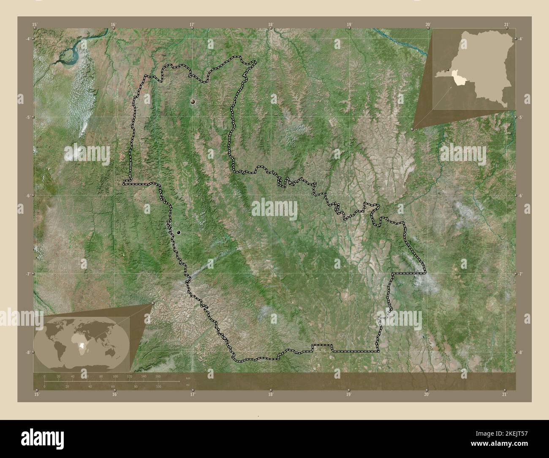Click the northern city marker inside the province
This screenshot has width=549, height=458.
coord(193,101)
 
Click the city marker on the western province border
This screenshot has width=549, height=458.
coord(179,232)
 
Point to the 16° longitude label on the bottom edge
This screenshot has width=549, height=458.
coord(114,395)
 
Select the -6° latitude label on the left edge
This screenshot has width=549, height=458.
coord(27,196)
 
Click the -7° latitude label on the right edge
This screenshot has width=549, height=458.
coord(522,274)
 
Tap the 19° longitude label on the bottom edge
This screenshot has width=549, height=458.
coord(348,395)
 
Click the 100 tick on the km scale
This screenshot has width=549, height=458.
coord(115,376)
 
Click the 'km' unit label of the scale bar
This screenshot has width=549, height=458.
coord(188,378)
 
